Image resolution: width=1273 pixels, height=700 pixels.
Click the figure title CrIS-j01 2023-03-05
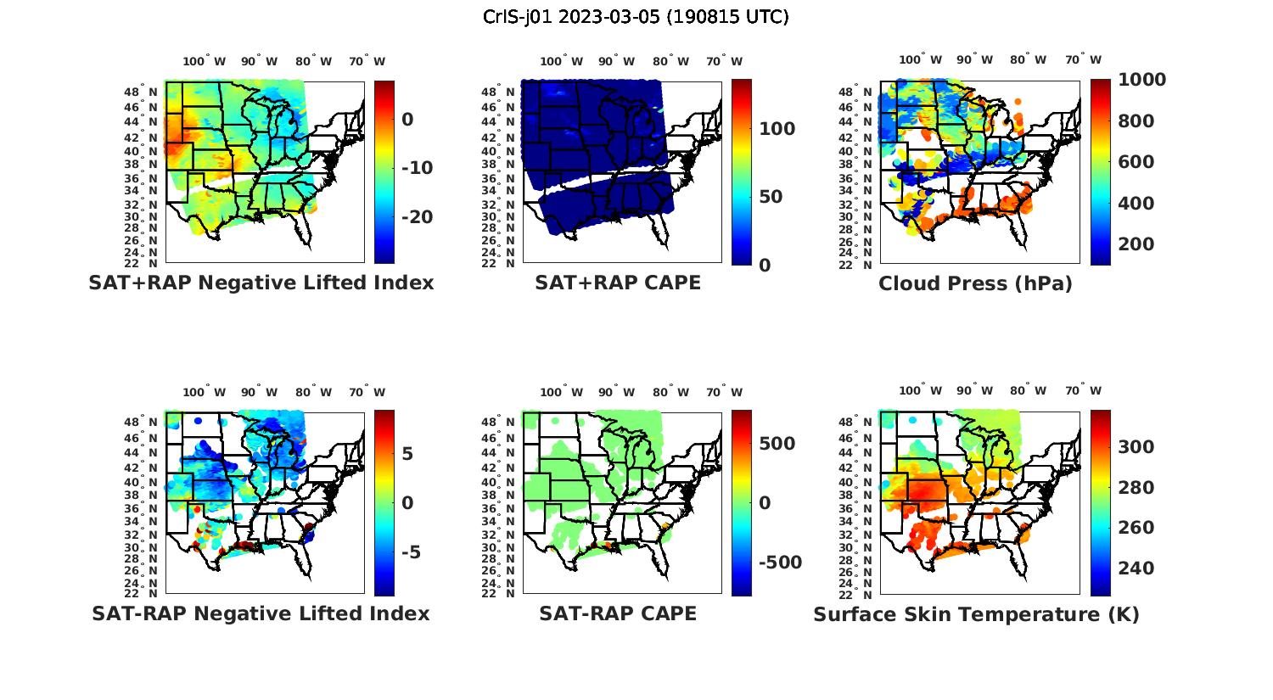[636, 17]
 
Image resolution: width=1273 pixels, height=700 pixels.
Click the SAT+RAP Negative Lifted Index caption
[261, 283]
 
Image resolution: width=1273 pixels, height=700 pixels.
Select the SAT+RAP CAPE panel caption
[618, 283]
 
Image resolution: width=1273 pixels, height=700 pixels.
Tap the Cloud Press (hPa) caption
[975, 283]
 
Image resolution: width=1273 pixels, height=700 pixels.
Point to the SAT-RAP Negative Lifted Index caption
[261, 613]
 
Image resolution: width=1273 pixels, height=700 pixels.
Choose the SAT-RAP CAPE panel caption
[618, 613]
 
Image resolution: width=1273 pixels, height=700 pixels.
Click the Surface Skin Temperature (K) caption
[976, 614]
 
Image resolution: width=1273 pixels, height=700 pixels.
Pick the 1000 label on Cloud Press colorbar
[1141, 80]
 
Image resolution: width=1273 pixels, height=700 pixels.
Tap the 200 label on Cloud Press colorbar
[1136, 244]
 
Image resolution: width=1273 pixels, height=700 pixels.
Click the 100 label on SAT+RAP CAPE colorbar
[777, 129]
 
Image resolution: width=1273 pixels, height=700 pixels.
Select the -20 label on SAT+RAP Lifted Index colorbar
[417, 217]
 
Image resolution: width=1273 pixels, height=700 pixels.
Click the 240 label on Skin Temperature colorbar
[1136, 568]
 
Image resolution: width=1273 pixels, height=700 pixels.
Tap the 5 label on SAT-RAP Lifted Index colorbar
[407, 454]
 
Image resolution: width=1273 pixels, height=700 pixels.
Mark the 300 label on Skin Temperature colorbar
[1136, 447]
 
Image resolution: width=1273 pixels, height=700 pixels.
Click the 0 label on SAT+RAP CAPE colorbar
[764, 266]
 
